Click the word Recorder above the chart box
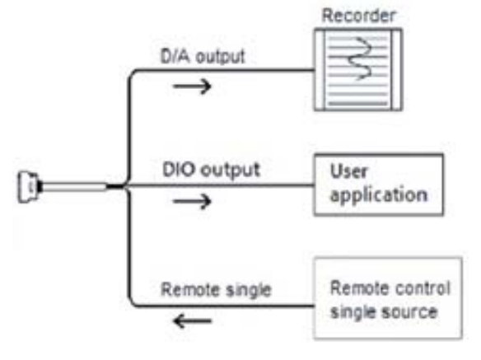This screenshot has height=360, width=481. tap(358, 16)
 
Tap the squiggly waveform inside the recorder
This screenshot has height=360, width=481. tap(360, 58)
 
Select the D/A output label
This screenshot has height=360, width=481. tap(203, 57)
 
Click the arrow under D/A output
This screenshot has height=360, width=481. tap(193, 86)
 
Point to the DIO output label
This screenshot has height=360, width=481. tap(212, 171)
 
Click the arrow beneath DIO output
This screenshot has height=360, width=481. tap(193, 202)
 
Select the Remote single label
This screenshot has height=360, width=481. tap(217, 290)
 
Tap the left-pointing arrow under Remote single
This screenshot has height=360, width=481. tap(193, 321)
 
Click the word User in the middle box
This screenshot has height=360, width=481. tap(348, 171)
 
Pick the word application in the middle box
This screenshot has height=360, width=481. tap(379, 195)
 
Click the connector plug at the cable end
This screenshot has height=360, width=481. tap(29, 187)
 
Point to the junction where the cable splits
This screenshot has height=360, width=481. tap(126, 185)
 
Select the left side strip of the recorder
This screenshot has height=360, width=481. tap(320, 70)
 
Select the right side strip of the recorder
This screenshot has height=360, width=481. tap(396, 70)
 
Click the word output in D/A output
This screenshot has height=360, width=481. tap(220, 57)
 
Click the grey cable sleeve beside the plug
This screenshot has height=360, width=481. tap(74, 187)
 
